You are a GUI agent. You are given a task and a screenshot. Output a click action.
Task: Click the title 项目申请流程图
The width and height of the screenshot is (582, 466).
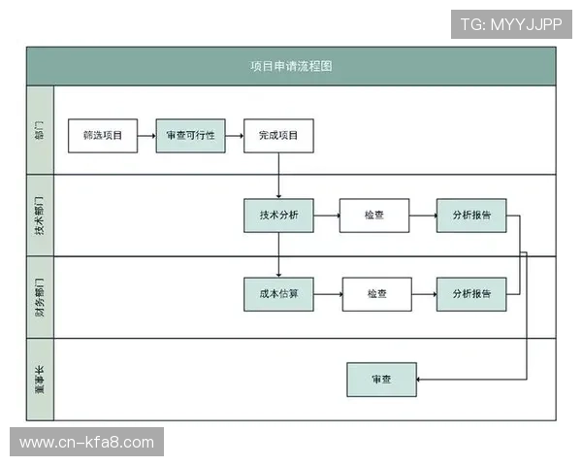click(x=291, y=66)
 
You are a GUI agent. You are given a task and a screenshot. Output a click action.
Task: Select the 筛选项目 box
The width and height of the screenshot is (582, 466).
click(x=103, y=136)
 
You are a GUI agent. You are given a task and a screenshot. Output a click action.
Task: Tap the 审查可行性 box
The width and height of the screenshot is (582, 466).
click(x=190, y=136)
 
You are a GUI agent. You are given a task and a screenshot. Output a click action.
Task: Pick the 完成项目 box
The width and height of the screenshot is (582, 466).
click(x=278, y=136)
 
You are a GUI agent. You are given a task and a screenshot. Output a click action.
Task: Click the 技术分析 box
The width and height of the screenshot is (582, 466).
click(x=278, y=215)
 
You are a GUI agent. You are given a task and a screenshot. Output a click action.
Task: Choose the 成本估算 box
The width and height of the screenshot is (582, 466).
click(x=278, y=293)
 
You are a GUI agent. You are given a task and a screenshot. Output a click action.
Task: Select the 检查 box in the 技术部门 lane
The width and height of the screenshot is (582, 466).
click(x=374, y=215)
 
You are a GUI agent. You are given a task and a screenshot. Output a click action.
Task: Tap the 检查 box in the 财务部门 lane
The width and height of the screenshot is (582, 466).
click(x=376, y=293)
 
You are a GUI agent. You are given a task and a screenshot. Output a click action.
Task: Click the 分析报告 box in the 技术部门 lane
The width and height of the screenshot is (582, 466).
click(x=471, y=215)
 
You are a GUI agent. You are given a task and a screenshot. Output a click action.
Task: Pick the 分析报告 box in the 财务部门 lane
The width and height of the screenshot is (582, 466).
click(x=471, y=293)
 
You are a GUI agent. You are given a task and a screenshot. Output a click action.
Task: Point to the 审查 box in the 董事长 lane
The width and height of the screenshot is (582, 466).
click(x=381, y=379)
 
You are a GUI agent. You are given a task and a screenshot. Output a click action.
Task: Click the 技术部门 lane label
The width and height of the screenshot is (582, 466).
click(x=40, y=215)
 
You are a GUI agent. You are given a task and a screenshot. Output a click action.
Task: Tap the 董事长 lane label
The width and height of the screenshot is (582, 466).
click(x=40, y=379)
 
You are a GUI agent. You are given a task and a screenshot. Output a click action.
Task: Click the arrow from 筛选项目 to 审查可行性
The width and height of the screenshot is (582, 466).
click(x=146, y=136)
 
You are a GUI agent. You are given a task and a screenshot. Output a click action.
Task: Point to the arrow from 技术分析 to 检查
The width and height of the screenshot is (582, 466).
click(x=327, y=215)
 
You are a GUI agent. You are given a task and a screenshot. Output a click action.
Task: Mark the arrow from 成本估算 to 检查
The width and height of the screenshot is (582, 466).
click(x=328, y=293)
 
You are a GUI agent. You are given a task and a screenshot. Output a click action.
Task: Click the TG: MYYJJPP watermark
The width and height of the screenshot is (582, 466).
click(x=511, y=23)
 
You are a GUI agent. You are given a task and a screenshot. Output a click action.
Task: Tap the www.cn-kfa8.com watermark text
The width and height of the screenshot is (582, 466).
click(x=87, y=443)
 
